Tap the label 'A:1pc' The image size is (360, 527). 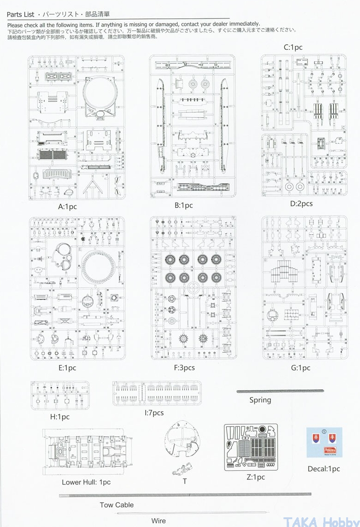click(67, 207)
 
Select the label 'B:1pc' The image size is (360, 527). click(183, 205)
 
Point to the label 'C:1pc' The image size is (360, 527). click(293, 47)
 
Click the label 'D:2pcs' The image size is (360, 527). click(301, 203)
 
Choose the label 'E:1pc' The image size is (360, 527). click(67, 368)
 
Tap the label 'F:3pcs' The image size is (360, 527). click(184, 368)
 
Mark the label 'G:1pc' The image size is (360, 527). click(301, 368)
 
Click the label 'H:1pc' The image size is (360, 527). click(59, 417)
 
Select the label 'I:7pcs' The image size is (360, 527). click(154, 413)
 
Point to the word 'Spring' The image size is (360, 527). click(260, 400)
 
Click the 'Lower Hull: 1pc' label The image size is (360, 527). click(86, 482)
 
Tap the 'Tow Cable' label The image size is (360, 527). click(117, 505)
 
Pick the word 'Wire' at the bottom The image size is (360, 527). click(159, 521)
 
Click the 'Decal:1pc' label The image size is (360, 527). click(324, 469)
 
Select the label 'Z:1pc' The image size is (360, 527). click(255, 477)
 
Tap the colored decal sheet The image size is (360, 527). click(324, 442)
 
